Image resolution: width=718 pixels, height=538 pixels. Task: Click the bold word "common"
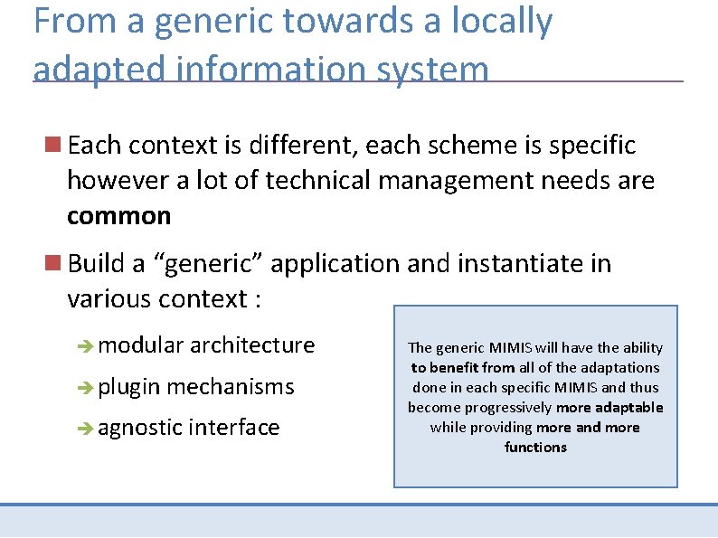[x=118, y=216]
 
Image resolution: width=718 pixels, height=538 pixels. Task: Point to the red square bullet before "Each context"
[x=53, y=144]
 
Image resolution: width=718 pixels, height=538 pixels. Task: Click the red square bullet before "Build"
[x=53, y=263]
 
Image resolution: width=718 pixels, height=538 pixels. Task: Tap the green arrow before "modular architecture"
[x=86, y=345]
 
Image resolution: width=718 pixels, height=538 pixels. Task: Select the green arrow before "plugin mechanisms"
[x=86, y=387]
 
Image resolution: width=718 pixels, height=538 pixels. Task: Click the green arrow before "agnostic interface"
[x=86, y=428]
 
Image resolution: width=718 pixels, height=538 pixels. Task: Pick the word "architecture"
[x=252, y=345]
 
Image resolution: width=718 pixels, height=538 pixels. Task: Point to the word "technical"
[x=318, y=181]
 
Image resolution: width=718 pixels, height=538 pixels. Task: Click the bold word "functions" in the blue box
[x=535, y=447]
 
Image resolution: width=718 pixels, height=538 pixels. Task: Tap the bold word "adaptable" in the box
[x=628, y=407]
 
